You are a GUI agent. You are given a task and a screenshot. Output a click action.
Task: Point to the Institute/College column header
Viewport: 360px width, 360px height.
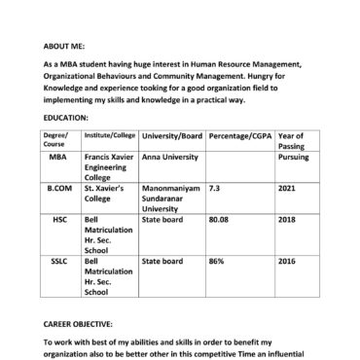109,133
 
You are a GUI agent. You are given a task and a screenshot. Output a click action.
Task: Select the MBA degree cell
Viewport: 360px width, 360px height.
59,155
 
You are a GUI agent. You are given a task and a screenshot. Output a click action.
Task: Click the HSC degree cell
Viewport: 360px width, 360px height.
59,220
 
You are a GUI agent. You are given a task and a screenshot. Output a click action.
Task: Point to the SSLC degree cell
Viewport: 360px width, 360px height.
59,261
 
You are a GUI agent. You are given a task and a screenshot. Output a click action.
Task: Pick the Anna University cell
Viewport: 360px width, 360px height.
170,155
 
